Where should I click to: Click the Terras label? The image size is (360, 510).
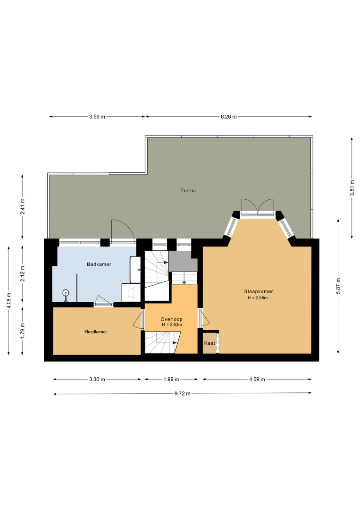pos(188,191)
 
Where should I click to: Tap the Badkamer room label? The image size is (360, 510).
pos(99,264)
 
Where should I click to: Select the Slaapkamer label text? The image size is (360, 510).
pos(259,291)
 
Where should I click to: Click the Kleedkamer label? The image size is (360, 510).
pos(96,332)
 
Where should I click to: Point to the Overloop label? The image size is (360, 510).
pos(172,319)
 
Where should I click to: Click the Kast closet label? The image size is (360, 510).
pos(209,343)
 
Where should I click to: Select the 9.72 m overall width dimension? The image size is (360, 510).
pos(183,393)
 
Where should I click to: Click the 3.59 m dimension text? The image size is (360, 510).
pos(97,117)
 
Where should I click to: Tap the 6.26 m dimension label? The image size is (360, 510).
pos(229,117)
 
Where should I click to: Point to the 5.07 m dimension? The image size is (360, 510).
pos(339,286)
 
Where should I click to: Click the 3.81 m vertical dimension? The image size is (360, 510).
pos(352,188)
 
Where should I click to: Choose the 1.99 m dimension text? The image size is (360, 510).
pos(171,379)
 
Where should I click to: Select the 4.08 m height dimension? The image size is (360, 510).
pos(9,301)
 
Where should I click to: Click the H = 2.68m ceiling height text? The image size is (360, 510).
pos(258,298)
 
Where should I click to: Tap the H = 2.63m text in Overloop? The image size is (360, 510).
pos(172,324)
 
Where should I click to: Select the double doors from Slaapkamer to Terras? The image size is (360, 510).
pos(258,207)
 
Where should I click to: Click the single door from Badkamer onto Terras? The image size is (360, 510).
pos(123,231)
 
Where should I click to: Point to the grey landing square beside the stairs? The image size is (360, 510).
pos(183,261)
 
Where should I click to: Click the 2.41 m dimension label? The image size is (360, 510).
pos(23,206)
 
